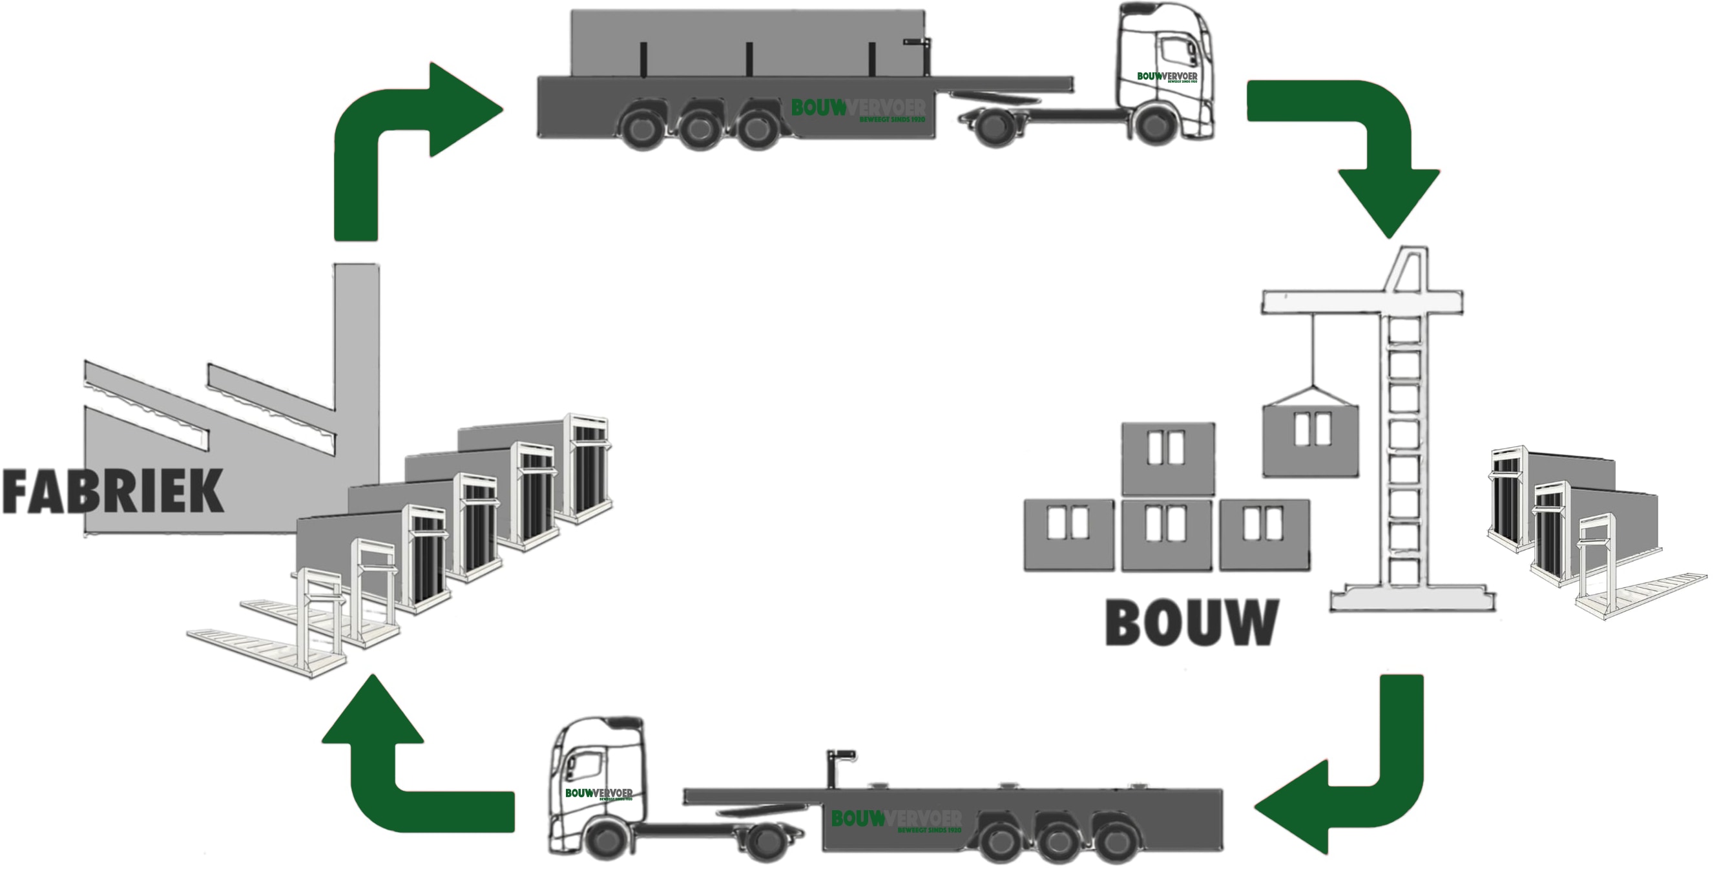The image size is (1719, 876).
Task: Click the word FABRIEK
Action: tap(112, 492)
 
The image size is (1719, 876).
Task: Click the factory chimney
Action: tap(357, 347)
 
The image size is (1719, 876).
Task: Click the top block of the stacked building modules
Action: tap(1168, 459)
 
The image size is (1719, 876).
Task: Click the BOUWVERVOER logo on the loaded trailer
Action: tap(857, 109)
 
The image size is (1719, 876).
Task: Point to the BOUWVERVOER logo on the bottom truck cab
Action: tap(599, 793)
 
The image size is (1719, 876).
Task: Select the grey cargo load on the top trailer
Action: tap(747, 43)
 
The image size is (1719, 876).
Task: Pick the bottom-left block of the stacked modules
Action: tap(1069, 535)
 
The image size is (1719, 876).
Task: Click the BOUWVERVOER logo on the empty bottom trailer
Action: tap(896, 819)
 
